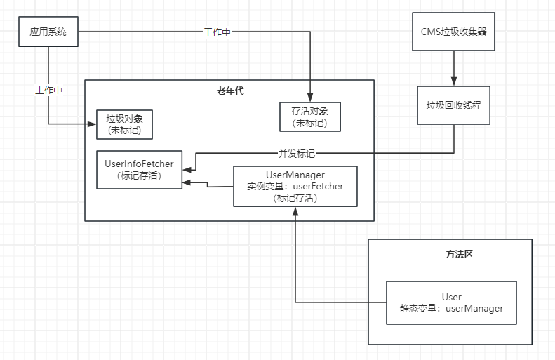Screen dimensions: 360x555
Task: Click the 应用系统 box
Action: click(48, 32)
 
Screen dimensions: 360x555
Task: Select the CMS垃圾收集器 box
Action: click(453, 32)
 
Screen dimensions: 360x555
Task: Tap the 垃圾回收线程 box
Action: click(453, 106)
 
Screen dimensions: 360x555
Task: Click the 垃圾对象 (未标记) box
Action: click(125, 124)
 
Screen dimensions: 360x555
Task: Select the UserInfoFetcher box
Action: click(139, 169)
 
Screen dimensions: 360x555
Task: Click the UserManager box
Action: click(295, 186)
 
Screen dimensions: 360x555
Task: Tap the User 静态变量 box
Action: click(451, 302)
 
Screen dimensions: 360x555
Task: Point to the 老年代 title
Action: click(230, 91)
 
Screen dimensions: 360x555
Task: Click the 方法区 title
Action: click(459, 254)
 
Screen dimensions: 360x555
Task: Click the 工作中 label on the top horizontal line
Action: click(217, 32)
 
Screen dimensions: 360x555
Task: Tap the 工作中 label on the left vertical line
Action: click(48, 90)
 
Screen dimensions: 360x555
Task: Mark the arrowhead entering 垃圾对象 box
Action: click(92, 124)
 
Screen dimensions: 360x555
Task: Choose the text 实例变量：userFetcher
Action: click(295, 187)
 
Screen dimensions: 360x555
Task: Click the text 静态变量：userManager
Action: click(451, 308)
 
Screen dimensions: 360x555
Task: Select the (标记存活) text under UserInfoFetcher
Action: click(139, 175)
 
